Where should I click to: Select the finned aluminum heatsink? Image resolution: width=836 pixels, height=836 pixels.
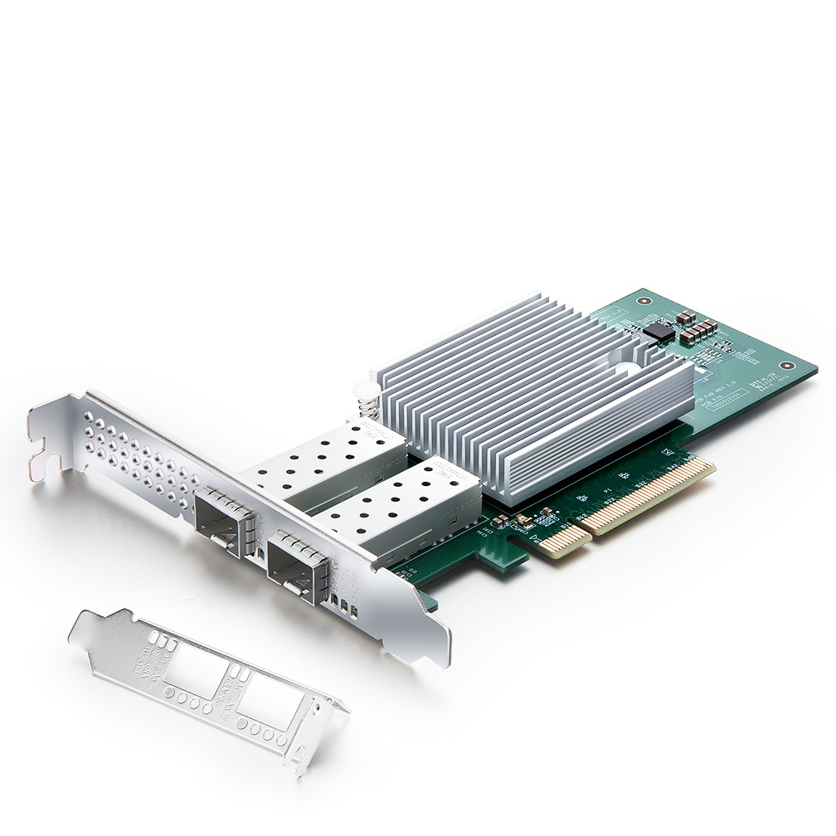point(531,390)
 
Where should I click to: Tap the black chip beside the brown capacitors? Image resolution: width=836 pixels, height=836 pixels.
point(659,333)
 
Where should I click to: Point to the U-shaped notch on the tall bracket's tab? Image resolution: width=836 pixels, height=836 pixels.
point(50,448)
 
